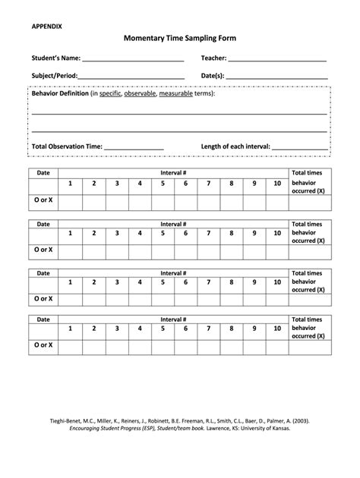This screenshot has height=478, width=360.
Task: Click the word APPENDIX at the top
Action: click(x=47, y=26)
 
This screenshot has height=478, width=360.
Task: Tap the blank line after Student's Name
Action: click(x=133, y=59)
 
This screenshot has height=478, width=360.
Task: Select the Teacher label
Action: click(x=213, y=58)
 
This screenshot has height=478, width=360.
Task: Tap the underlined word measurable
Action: click(x=175, y=94)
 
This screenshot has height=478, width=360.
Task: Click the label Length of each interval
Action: click(x=235, y=146)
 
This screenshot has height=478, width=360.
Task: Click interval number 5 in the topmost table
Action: click(x=163, y=184)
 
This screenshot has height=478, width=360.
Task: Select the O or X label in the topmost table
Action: click(x=43, y=200)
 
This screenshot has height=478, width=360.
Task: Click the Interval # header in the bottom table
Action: click(x=174, y=319)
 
